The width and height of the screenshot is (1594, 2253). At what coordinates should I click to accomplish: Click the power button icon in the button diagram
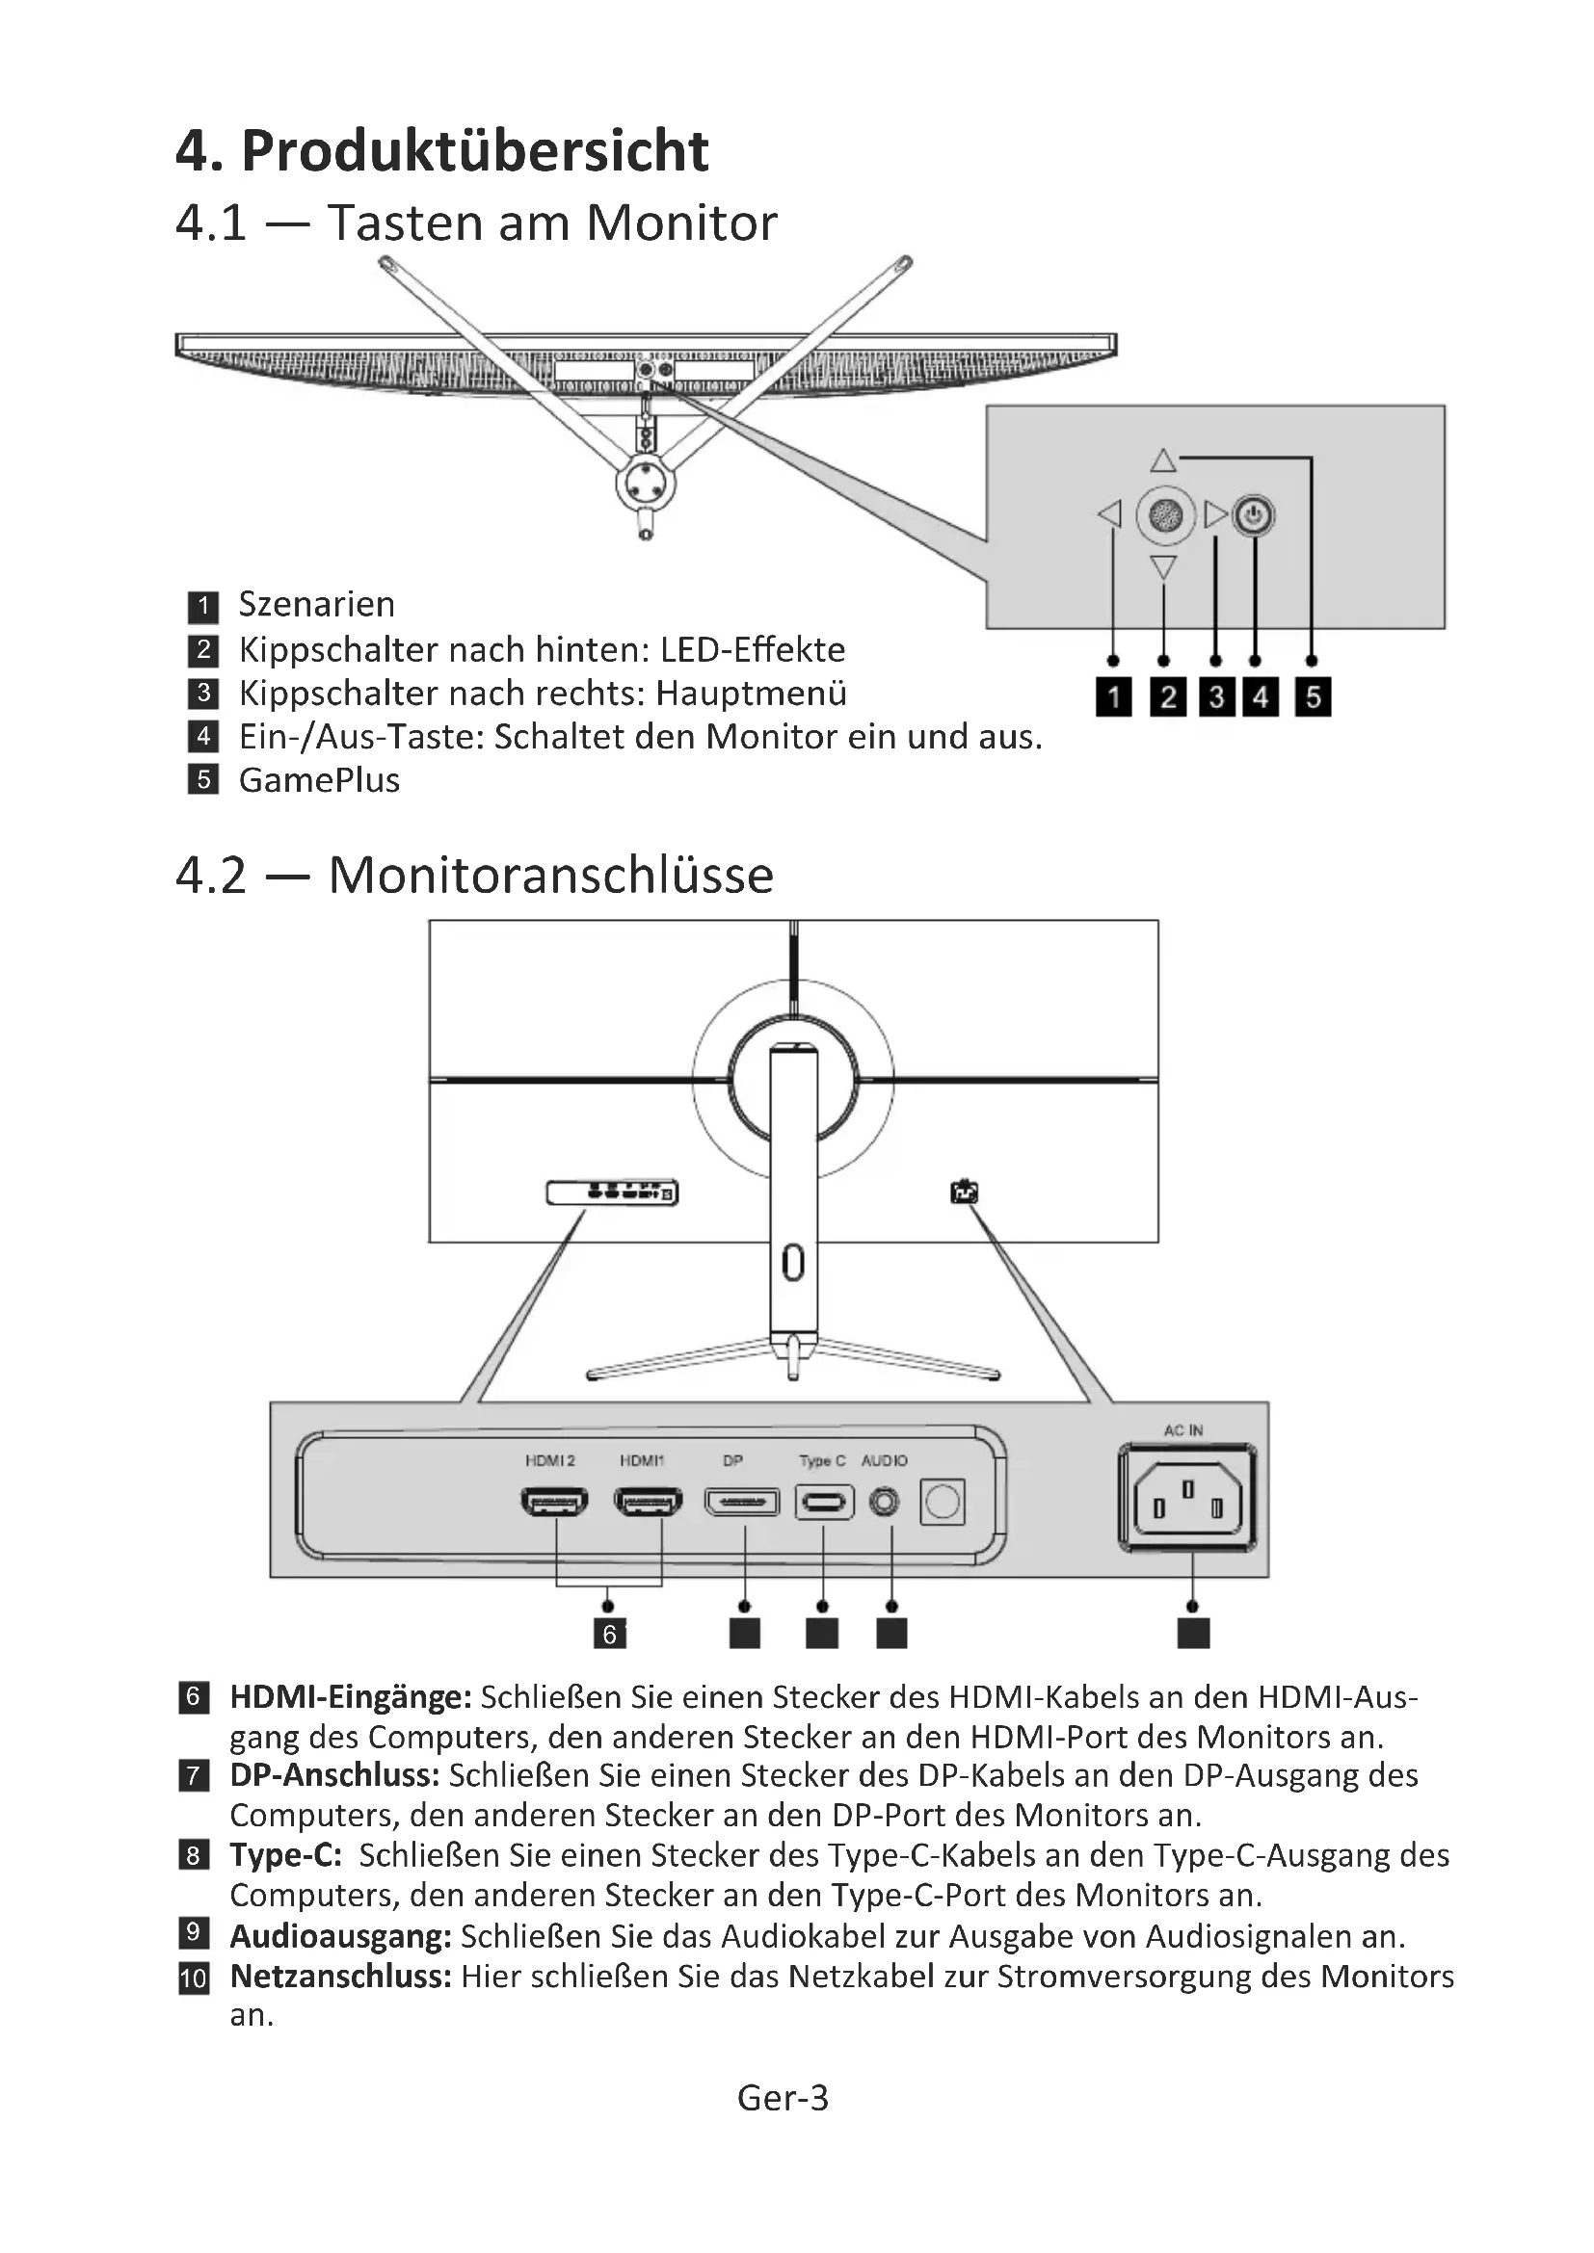pos(1254,515)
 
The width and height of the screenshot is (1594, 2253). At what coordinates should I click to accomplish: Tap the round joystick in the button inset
pos(1165,515)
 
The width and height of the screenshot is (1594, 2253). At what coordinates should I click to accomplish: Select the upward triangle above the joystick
pos(1163,460)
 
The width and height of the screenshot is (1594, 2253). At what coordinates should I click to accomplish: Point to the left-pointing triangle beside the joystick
pos(1109,514)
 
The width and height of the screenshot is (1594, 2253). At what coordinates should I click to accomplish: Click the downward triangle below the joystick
pos(1163,567)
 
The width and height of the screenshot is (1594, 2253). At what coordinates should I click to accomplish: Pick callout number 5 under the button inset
pos(1314,697)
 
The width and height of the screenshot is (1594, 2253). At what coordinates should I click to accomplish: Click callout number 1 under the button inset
pos(1113,697)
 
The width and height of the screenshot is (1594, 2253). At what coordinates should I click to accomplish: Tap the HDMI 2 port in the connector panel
pos(554,1502)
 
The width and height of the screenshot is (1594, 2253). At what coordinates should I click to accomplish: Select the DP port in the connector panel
pos(742,1502)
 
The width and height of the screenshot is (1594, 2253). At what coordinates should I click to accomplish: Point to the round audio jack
pos(885,1502)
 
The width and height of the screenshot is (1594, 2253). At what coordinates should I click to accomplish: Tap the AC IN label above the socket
pos(1182,1430)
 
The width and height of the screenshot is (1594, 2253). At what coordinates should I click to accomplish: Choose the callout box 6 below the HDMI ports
pos(609,1634)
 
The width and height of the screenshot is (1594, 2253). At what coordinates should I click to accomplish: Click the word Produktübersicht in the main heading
pos(475,151)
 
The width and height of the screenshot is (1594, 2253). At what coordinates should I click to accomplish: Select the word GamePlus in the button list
pos(319,780)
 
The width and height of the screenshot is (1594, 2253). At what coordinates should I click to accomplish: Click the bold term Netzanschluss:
pos(340,1977)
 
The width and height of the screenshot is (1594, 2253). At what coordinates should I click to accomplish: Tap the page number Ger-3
pos(783,2098)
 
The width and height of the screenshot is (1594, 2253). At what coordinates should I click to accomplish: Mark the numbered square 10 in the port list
pos(194,1978)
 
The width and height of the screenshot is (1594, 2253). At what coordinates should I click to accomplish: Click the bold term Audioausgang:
pos(340,1936)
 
